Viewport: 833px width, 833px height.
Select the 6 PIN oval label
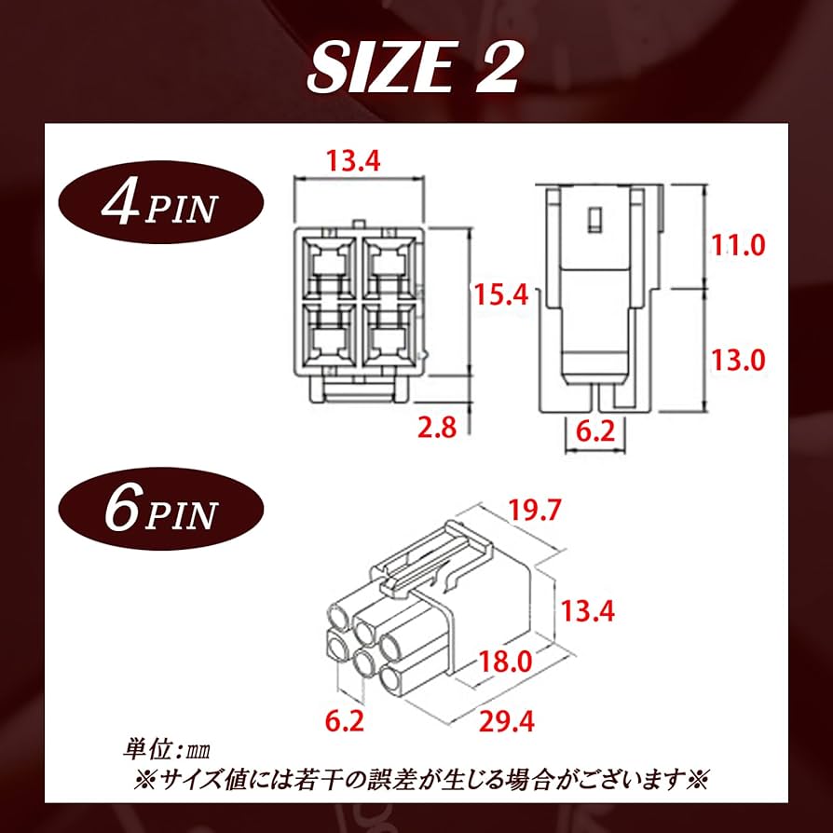[159, 510]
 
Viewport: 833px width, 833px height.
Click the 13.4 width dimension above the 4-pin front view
[352, 161]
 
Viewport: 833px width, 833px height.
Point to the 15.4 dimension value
[501, 295]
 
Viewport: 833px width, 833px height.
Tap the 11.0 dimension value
[737, 245]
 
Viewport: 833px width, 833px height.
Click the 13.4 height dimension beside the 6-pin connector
[589, 610]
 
